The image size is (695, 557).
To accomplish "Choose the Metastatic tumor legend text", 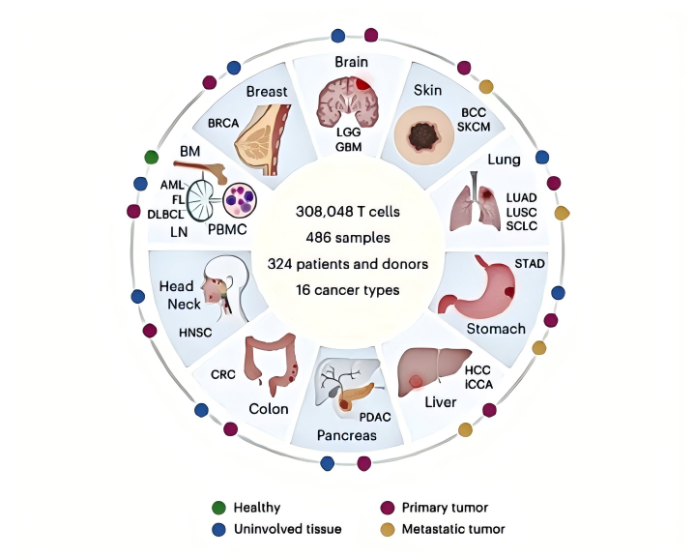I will (x=452, y=529).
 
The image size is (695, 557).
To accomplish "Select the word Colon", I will (x=268, y=408).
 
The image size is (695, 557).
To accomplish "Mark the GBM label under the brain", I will (x=348, y=147).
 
